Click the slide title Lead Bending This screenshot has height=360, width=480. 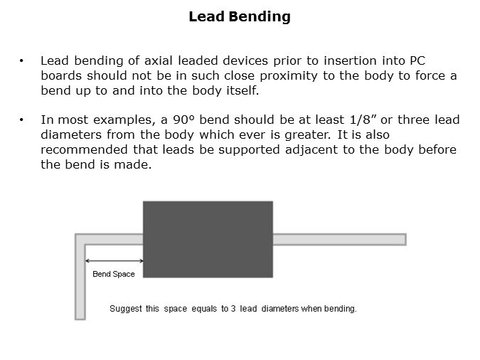click(x=240, y=17)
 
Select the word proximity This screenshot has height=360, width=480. click(x=289, y=76)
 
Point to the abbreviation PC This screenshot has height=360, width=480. click(x=417, y=60)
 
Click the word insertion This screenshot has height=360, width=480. click(x=350, y=60)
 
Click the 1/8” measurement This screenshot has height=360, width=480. click(x=363, y=120)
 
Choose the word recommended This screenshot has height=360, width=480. click(x=84, y=149)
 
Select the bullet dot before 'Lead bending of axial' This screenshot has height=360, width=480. click(x=21, y=60)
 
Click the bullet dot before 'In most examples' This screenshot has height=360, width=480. click(x=21, y=120)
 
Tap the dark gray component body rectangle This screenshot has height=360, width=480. click(x=208, y=239)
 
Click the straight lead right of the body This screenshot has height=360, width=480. click(x=339, y=239)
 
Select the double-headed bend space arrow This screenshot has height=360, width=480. click(x=114, y=260)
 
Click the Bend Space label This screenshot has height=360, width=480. click(x=114, y=274)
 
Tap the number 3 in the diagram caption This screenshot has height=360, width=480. click(x=233, y=308)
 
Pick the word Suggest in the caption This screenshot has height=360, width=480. click(x=126, y=309)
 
